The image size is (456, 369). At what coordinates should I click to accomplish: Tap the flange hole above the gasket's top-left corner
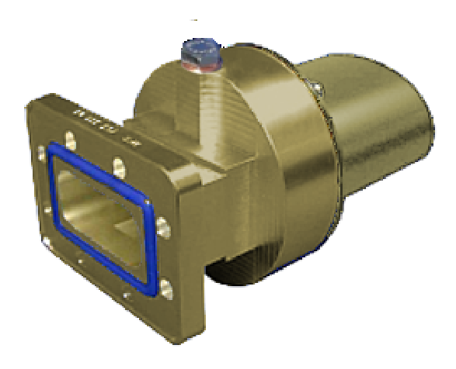point(69,143)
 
